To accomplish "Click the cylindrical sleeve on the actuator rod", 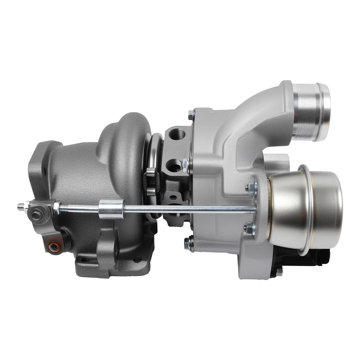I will tap(112, 209).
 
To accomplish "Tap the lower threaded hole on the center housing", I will tap(175, 165).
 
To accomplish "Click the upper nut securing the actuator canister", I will tap(251, 188).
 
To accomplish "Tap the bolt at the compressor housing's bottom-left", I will tap(190, 243).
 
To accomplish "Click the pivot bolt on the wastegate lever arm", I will tap(36, 216).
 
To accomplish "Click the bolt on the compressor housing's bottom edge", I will tap(279, 271).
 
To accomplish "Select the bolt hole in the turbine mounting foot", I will tap(137, 259).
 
